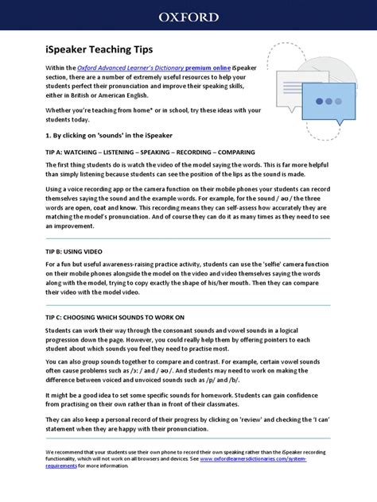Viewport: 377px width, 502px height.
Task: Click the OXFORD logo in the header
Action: (188, 16)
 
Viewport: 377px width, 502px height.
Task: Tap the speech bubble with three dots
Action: (326, 104)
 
